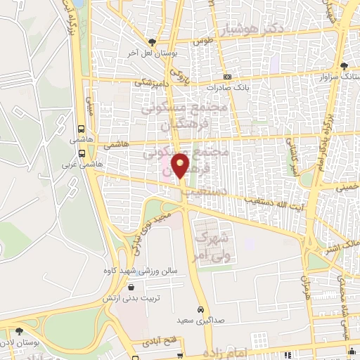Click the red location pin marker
pyautogui.click(x=181, y=165)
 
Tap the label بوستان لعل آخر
pyautogui.click(x=150, y=52)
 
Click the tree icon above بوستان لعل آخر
pyautogui.click(x=151, y=41)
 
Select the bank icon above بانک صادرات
pyautogui.click(x=227, y=77)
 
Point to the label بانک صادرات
pyautogui.click(x=227, y=88)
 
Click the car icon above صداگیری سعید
pyautogui.click(x=201, y=309)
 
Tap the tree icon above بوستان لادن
pyautogui.click(x=19, y=330)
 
